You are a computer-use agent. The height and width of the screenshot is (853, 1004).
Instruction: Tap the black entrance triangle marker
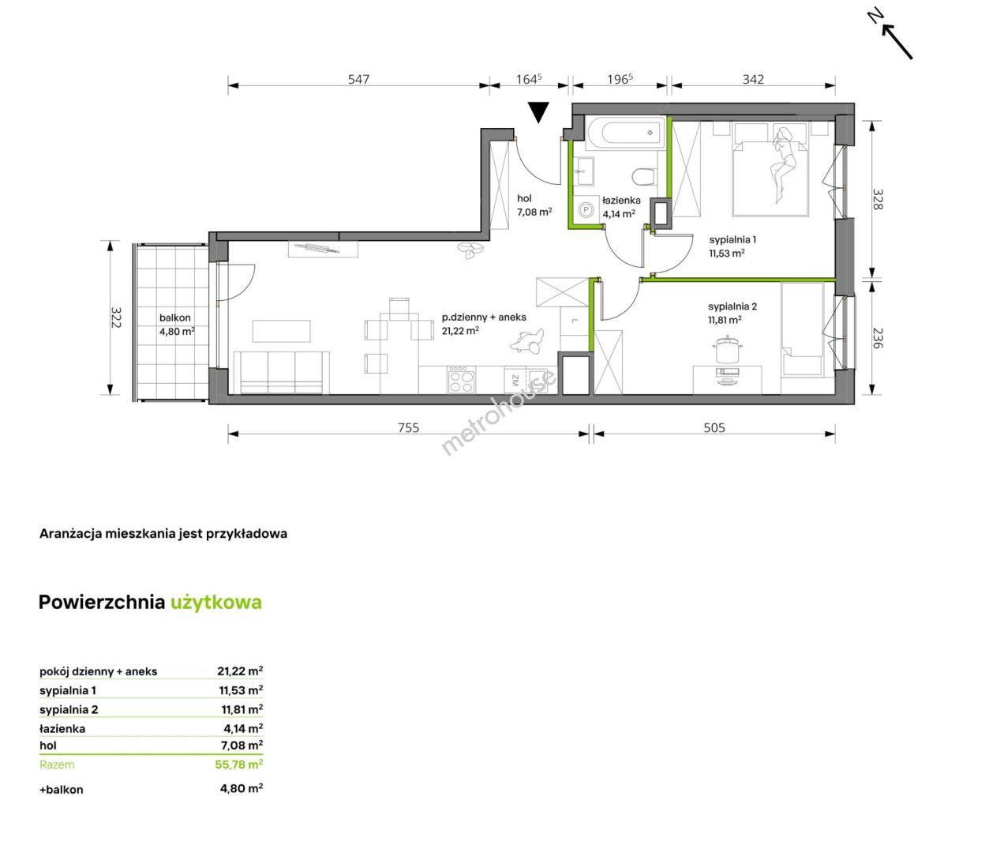pyautogui.click(x=538, y=112)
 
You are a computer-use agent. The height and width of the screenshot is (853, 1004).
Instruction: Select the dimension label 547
pyautogui.click(x=358, y=79)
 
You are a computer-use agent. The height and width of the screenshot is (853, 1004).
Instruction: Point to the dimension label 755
pyautogui.click(x=408, y=428)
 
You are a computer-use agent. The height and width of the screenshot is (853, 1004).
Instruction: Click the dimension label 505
pyautogui.click(x=714, y=428)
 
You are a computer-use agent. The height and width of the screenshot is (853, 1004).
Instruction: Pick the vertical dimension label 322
pyautogui.click(x=116, y=317)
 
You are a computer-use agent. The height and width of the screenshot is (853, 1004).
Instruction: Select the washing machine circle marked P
pyautogui.click(x=586, y=209)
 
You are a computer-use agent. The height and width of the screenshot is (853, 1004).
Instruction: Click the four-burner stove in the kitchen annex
pyautogui.click(x=462, y=380)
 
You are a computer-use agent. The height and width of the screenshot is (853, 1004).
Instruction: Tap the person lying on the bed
pyautogui.click(x=783, y=163)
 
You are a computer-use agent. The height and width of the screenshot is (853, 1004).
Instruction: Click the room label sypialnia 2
pyautogui.click(x=732, y=306)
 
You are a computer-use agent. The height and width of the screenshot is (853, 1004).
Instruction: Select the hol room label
pyautogui.click(x=524, y=198)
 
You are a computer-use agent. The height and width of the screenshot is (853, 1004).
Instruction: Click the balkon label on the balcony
pyautogui.click(x=175, y=318)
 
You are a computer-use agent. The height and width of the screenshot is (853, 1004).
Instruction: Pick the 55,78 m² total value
pyautogui.click(x=239, y=765)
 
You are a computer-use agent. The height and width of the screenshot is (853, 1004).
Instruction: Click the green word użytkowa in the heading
pyautogui.click(x=216, y=603)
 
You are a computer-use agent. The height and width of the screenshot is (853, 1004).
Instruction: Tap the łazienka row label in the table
pyautogui.click(x=62, y=728)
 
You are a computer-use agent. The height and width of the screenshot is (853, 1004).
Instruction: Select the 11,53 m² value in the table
pyautogui.click(x=242, y=690)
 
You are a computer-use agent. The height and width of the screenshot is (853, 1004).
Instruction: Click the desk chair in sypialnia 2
pyautogui.click(x=727, y=349)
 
